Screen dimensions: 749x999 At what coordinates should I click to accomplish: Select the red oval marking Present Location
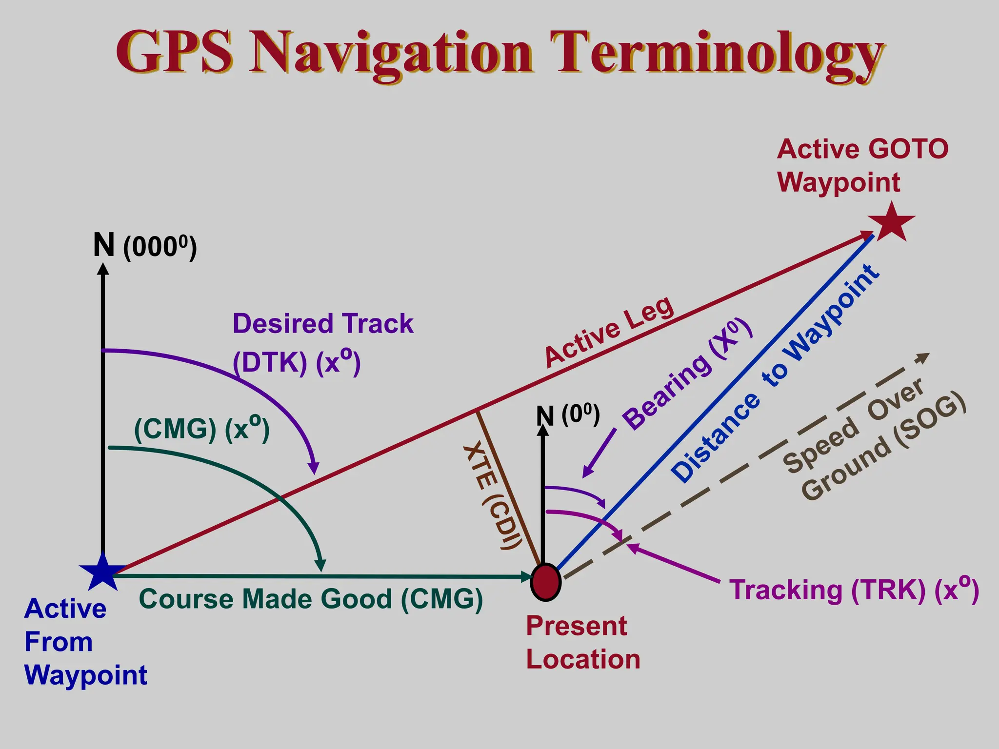pyautogui.click(x=546, y=582)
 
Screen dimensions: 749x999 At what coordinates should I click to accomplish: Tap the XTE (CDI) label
pyautogui.click(x=493, y=495)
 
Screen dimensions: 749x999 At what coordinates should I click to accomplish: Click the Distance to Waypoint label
pyautogui.click(x=776, y=373)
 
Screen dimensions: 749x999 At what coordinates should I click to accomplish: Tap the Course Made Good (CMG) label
pyautogui.click(x=311, y=599)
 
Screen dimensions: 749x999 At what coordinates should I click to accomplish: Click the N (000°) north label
pyautogui.click(x=145, y=246)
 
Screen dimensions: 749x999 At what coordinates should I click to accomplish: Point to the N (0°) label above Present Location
pyautogui.click(x=568, y=415)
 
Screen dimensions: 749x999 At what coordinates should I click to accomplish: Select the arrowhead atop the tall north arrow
pyautogui.click(x=103, y=269)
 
